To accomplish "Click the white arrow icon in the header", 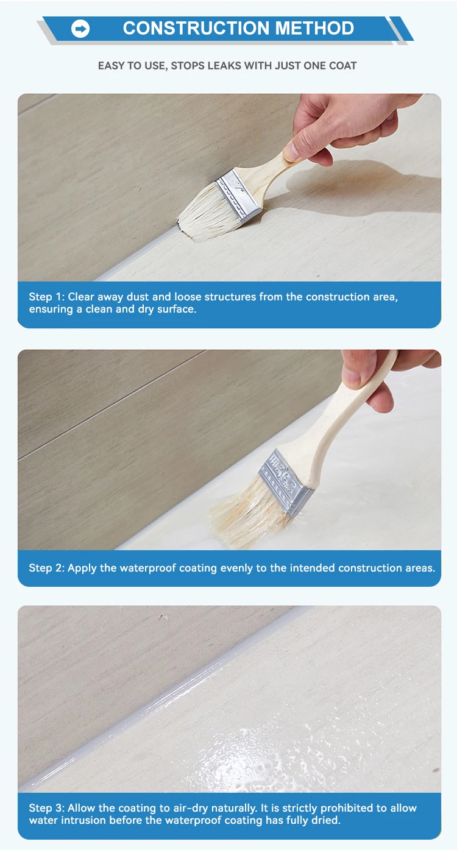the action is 80,29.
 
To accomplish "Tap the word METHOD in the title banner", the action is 314,29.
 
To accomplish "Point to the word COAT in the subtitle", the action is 342,66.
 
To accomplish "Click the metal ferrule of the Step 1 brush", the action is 238,194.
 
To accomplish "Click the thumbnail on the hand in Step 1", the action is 291,151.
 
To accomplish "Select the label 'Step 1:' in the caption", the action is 47,297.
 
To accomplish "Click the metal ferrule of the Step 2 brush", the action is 286,482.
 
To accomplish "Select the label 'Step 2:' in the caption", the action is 47,568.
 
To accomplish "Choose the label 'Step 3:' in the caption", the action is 47,808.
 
